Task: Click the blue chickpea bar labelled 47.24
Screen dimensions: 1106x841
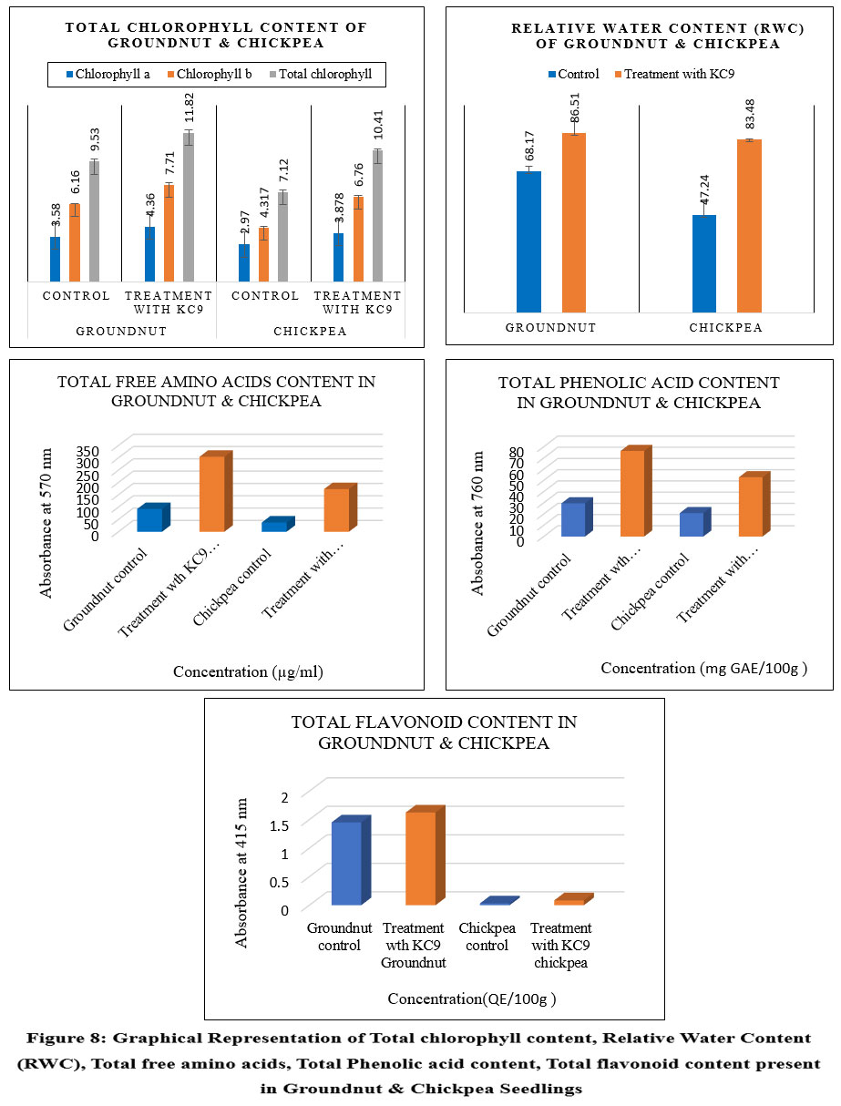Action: (704, 264)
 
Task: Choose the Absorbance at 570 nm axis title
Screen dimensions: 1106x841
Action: (46, 523)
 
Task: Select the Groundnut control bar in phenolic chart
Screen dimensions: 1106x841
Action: (573, 519)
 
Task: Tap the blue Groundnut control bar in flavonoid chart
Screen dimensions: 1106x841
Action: (346, 863)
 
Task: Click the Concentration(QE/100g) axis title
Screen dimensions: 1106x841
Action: (471, 998)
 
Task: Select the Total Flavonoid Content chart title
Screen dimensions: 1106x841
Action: (434, 732)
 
